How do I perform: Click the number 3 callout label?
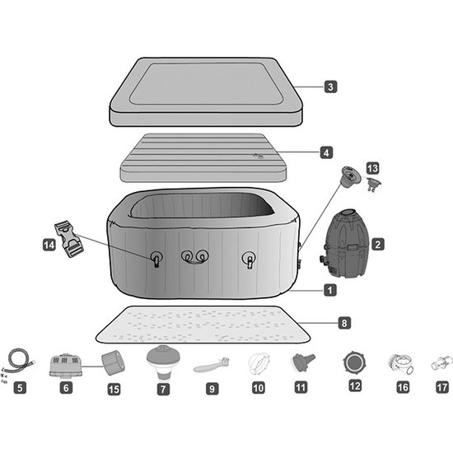pos(329,86)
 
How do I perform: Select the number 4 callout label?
pos(327,152)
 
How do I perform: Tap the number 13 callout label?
pos(371,169)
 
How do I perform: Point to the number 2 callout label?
pos(377,244)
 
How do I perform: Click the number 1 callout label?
pos(329,290)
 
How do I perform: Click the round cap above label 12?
pos(355,362)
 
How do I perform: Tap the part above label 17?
pos(442,363)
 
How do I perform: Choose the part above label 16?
pos(401,363)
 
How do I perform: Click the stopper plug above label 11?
pos(303,362)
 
